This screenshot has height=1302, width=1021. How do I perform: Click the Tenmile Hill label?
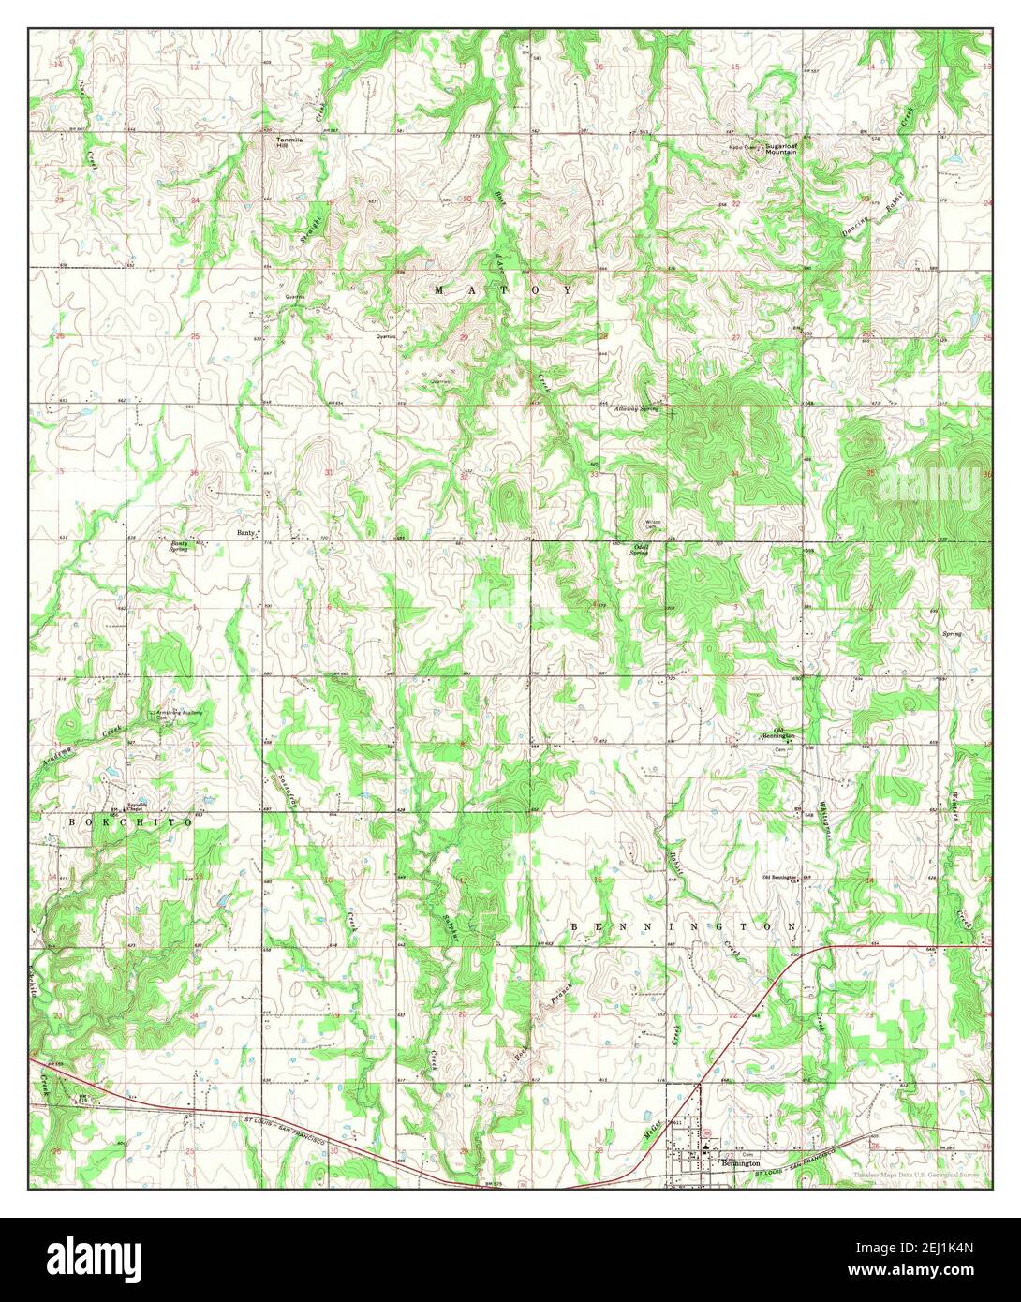point(283,142)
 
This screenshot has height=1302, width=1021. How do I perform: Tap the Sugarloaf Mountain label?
point(780,149)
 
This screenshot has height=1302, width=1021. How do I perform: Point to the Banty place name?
point(245,532)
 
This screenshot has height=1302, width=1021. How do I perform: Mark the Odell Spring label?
point(642,549)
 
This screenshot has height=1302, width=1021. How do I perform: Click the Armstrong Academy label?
point(179,714)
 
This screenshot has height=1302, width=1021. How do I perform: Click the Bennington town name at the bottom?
point(740,1163)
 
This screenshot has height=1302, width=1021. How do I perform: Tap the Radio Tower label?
point(746,147)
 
